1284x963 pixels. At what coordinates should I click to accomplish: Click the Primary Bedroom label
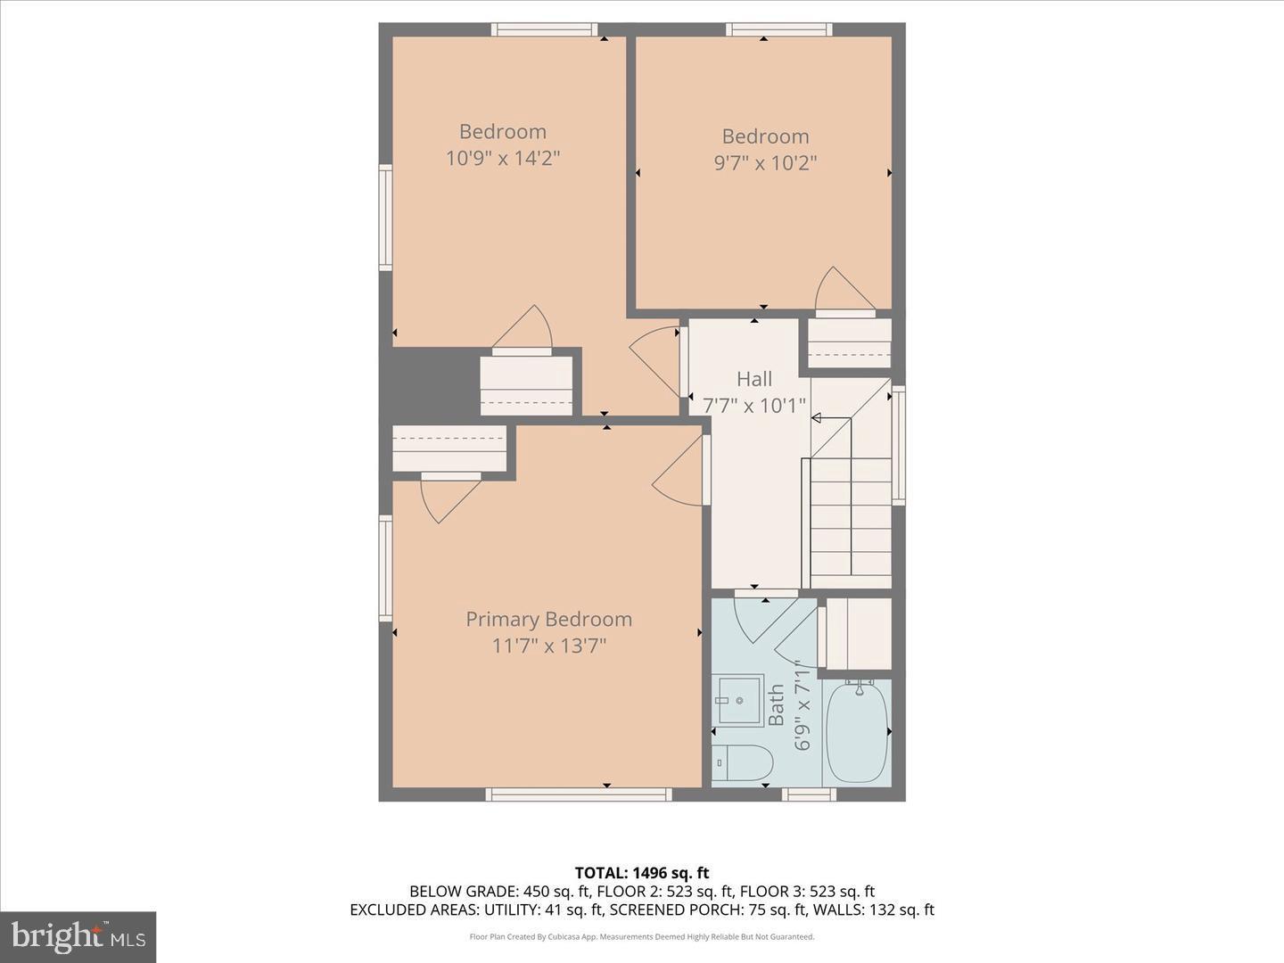pyautogui.click(x=548, y=619)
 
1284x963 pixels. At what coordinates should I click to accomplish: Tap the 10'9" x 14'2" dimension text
pyautogui.click(x=503, y=159)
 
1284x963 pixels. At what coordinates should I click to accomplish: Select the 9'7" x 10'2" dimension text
pyautogui.click(x=765, y=163)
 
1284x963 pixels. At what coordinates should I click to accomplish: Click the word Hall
pyautogui.click(x=754, y=379)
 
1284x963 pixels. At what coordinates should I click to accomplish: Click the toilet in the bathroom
pyautogui.click(x=744, y=762)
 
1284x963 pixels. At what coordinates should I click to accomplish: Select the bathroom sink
pyautogui.click(x=738, y=701)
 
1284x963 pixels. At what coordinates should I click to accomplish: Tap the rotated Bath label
pyautogui.click(x=777, y=704)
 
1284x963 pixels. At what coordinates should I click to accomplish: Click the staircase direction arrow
pyautogui.click(x=817, y=417)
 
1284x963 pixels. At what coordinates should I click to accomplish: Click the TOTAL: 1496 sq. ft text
pyautogui.click(x=641, y=873)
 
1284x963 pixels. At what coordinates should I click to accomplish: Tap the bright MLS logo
pyautogui.click(x=78, y=936)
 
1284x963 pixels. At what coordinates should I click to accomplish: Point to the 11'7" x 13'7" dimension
pyautogui.click(x=548, y=646)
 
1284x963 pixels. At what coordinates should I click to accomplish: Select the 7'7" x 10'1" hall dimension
pyautogui.click(x=754, y=406)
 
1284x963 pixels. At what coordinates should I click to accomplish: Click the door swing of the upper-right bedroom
pyautogui.click(x=842, y=289)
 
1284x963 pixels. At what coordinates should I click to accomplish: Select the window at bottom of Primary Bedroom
pyautogui.click(x=579, y=794)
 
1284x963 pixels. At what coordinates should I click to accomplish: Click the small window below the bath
pyautogui.click(x=809, y=794)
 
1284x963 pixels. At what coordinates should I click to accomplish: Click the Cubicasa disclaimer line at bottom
pyautogui.click(x=641, y=937)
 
